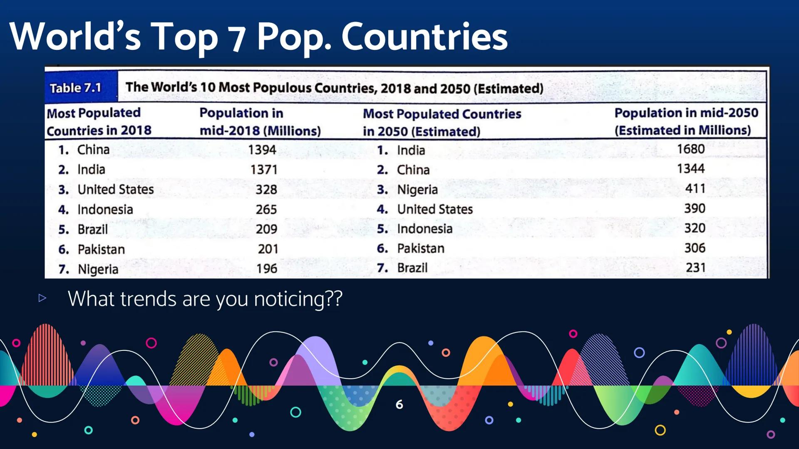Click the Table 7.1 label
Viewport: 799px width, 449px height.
(75, 88)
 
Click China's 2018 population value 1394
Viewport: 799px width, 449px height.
(262, 150)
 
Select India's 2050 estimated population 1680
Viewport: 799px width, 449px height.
(691, 149)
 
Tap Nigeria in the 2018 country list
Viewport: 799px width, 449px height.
(98, 269)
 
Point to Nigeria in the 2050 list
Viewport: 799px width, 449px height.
(417, 190)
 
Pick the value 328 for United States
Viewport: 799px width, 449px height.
(266, 190)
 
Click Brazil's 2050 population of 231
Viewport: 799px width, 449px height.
(696, 267)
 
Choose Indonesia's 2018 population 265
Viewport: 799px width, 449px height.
(266, 209)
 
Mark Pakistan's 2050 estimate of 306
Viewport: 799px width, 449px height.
(695, 248)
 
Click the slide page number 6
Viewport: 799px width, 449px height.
(399, 404)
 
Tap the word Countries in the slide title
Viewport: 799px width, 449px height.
(424, 37)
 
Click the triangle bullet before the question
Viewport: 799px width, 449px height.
(42, 298)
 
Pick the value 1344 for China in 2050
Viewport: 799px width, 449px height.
(691, 168)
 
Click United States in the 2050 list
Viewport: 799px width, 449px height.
(435, 209)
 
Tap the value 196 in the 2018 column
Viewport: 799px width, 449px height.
(267, 269)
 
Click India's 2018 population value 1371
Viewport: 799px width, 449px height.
(264, 170)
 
